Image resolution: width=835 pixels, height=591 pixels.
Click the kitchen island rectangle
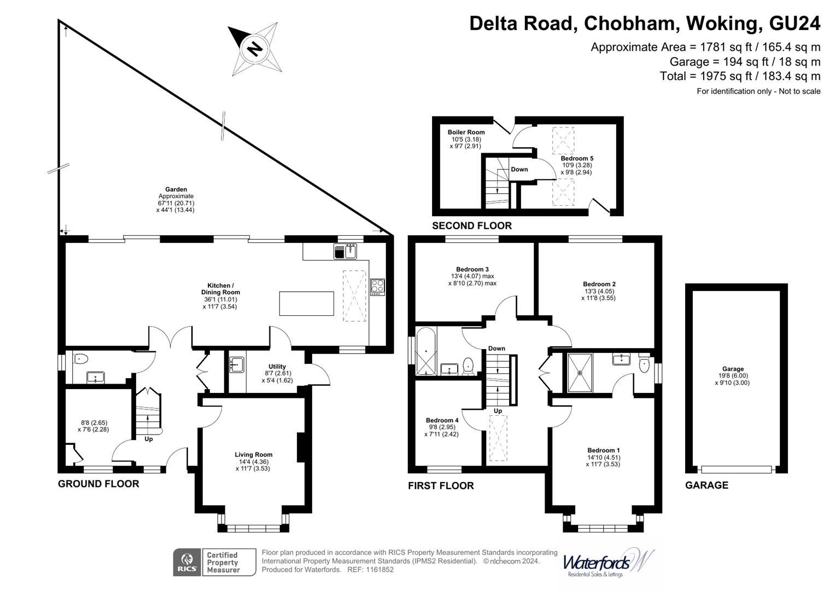[306, 304]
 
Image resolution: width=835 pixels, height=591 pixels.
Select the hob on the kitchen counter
[377, 287]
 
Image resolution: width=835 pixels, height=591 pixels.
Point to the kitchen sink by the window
[345, 251]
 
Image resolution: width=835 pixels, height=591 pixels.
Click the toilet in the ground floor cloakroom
[80, 359]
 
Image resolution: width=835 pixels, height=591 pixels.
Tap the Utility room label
[277, 367]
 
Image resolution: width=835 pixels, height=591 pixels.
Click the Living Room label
[253, 455]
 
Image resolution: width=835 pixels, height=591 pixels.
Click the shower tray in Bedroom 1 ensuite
[580, 373]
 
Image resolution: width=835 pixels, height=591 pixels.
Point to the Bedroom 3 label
[472, 269]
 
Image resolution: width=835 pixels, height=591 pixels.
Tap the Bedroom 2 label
[599, 284]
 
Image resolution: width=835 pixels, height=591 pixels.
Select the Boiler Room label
[466, 132]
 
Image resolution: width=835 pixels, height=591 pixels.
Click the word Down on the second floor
[519, 170]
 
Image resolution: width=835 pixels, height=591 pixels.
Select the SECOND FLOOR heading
[471, 225]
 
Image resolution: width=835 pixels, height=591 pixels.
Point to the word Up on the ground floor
[148, 439]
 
